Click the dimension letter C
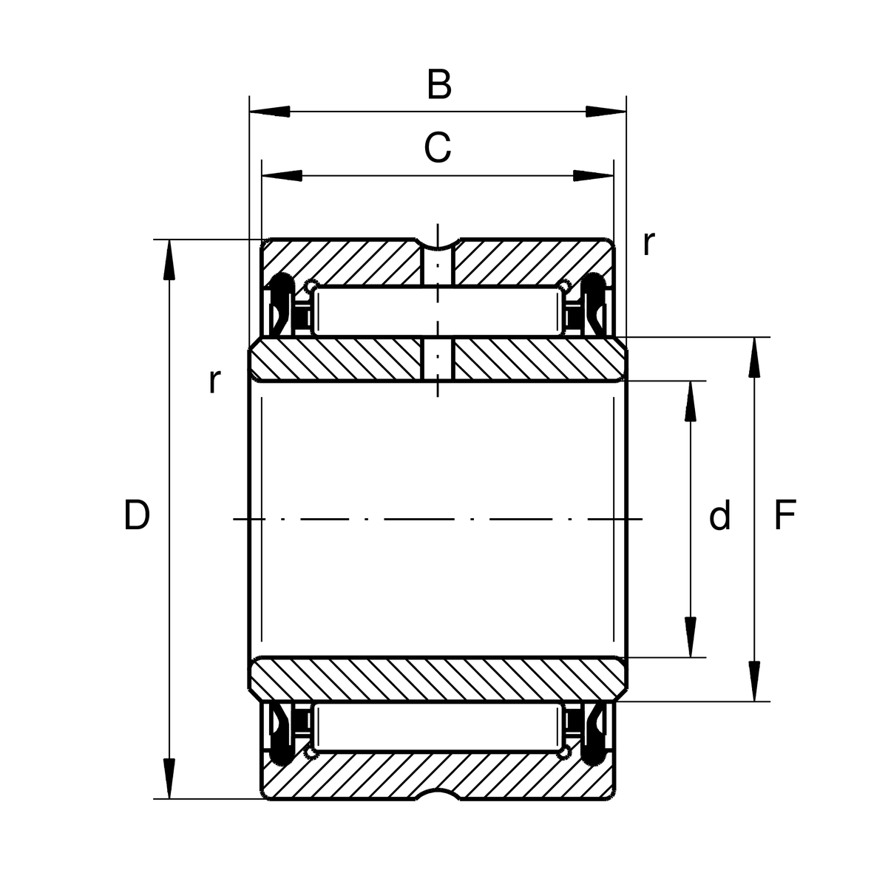tap(437, 147)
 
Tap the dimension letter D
tap(136, 515)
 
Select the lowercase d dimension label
tap(719, 514)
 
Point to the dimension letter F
tap(784, 515)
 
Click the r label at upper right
tap(648, 243)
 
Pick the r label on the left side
tap(214, 381)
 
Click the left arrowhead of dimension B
tap(270, 112)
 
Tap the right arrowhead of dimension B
tap(606, 112)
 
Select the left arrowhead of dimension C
tap(282, 176)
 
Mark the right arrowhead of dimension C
tap(594, 176)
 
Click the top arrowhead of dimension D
tap(169, 260)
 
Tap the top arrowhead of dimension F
tap(754, 358)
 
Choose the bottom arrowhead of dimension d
tap(690, 637)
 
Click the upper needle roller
tap(437, 310)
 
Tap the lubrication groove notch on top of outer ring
tap(437, 244)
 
